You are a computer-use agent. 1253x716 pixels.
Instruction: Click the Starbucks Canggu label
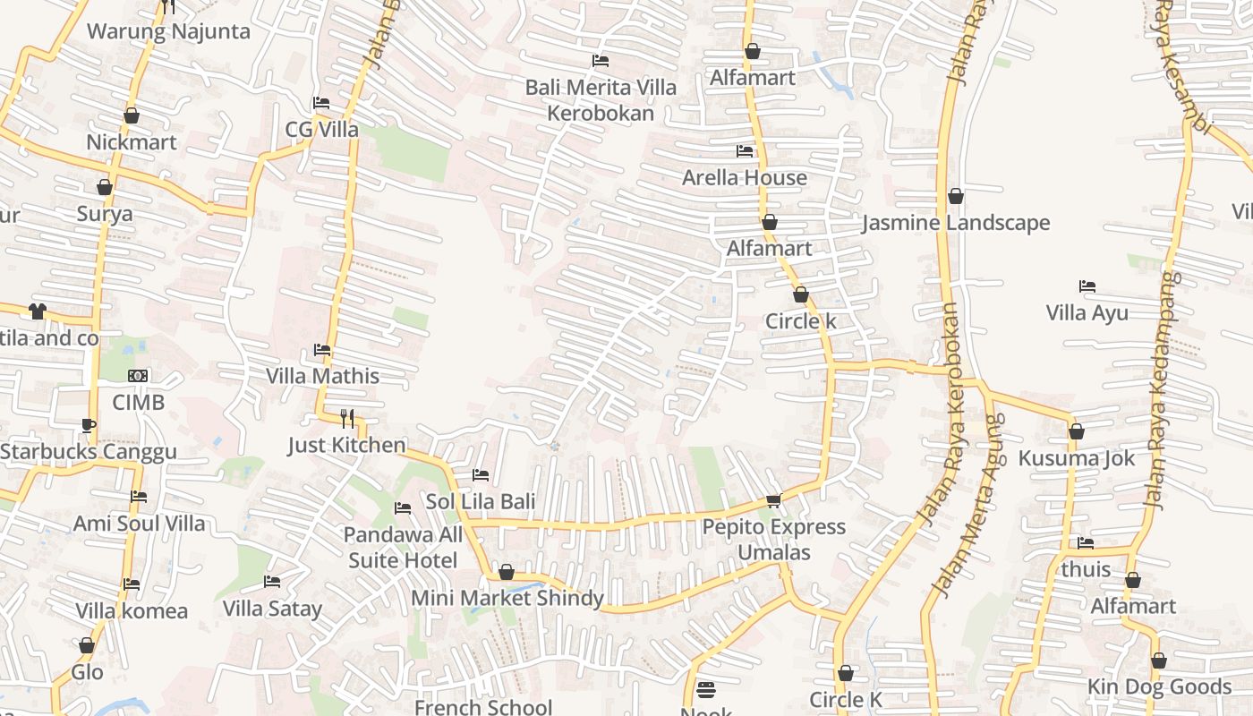89,452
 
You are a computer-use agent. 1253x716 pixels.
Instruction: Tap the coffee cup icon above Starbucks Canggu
88,425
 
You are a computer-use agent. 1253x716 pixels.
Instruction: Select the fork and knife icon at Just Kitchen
347,418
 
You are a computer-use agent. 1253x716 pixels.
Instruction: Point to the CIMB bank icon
138,376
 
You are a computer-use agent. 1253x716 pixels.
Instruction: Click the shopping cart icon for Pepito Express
774,500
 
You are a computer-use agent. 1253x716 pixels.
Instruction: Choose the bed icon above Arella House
745,151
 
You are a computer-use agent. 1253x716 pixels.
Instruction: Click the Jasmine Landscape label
956,223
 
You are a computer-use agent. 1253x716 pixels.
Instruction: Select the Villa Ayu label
1087,313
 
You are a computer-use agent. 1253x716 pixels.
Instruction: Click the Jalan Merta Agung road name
968,506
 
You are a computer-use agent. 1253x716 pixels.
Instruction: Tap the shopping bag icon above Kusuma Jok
1077,431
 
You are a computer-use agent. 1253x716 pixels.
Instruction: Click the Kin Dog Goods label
1159,686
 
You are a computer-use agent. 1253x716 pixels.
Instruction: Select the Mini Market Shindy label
507,598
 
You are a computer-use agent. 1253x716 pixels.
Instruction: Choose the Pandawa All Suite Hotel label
403,548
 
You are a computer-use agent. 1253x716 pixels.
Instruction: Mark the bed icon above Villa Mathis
322,350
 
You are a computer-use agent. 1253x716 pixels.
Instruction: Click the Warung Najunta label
168,32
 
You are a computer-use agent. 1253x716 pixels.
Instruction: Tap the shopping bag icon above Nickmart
132,115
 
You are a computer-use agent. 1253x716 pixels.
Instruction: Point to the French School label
483,707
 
